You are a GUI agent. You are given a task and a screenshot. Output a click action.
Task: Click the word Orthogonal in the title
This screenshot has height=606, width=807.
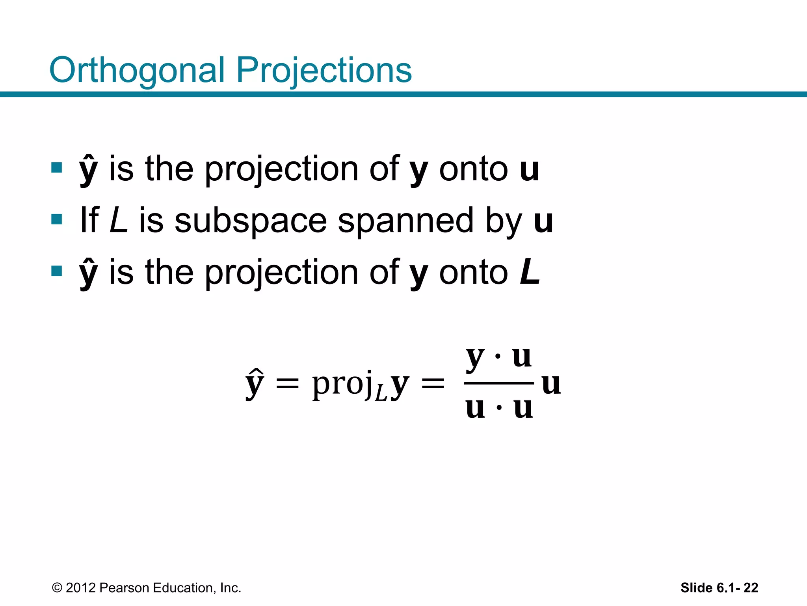pyautogui.click(x=137, y=71)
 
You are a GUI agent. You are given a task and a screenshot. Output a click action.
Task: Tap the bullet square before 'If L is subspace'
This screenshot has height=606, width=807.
pyautogui.click(x=57, y=219)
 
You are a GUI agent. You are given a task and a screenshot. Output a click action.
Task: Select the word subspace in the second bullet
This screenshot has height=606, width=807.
pyautogui.click(x=251, y=221)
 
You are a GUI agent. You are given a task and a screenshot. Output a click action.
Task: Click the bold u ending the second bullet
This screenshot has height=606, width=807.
pyautogui.click(x=543, y=221)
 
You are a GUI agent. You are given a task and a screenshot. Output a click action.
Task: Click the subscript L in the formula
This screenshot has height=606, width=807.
pyautogui.click(x=381, y=393)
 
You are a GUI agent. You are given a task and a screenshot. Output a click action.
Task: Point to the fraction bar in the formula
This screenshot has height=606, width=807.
pyautogui.click(x=499, y=383)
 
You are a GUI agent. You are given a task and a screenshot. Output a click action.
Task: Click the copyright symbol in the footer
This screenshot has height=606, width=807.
pyautogui.click(x=57, y=588)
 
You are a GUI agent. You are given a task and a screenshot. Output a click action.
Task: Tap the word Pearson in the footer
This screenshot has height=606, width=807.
pyautogui.click(x=125, y=588)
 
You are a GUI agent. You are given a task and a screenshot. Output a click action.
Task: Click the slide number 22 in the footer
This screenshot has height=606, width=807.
pyautogui.click(x=751, y=588)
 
